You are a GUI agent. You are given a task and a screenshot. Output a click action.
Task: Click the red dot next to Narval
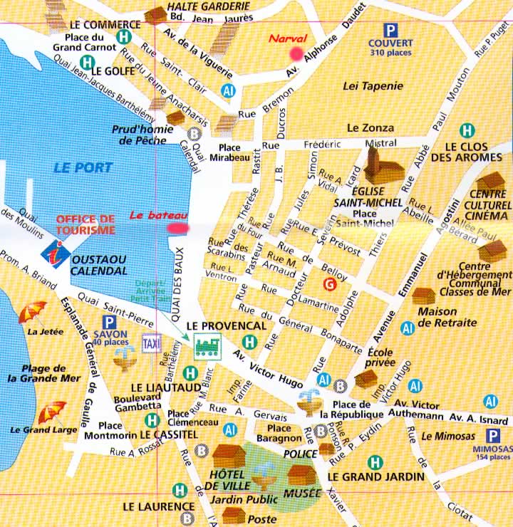[296, 52]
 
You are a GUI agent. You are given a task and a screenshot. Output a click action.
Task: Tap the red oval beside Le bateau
[178, 228]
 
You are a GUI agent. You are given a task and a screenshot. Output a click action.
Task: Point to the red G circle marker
[328, 286]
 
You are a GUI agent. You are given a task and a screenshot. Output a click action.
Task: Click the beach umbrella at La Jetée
[32, 311]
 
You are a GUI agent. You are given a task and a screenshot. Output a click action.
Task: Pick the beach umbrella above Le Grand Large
[51, 412]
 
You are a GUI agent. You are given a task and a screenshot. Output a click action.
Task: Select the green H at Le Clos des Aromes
[467, 130]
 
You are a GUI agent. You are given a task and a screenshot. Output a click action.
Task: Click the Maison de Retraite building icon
[425, 296]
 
